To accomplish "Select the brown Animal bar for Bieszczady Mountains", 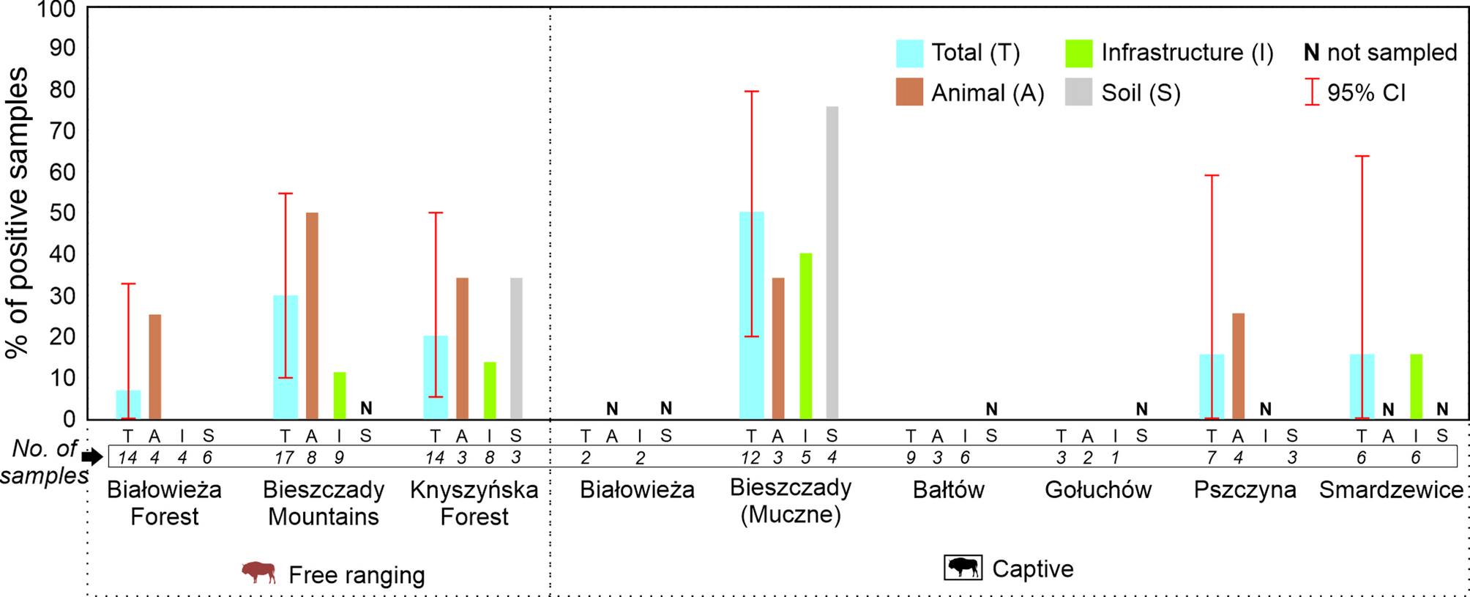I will click(312, 315).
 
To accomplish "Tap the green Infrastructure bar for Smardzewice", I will click(1416, 386).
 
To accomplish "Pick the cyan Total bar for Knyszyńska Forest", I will click(436, 377).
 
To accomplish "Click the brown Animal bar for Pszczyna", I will click(1238, 366).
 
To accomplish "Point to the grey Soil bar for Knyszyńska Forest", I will click(516, 348).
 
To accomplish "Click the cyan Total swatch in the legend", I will click(909, 53).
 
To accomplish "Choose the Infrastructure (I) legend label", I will click(1187, 53).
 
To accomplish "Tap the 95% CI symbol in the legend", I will click(1311, 92).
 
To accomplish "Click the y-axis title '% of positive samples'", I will click(18, 212).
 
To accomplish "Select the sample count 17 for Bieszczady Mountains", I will click(284, 458).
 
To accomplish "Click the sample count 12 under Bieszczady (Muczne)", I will click(750, 458).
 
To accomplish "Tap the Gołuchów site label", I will click(1097, 489).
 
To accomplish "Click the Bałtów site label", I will click(948, 489).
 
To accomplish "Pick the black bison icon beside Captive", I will click(963, 568).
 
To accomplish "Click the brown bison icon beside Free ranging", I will click(259, 572).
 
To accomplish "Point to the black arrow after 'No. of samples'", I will click(92, 457).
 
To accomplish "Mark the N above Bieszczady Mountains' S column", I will click(366, 408).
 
